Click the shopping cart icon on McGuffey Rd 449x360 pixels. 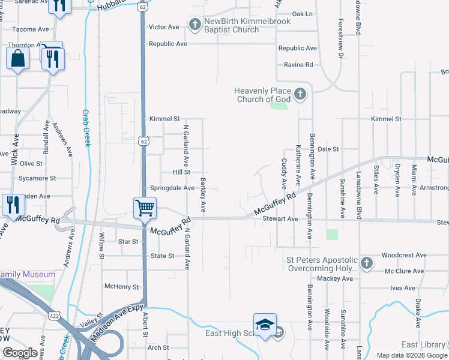click(145, 208)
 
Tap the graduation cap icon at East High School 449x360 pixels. click(265, 325)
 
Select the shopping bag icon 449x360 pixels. click(17, 59)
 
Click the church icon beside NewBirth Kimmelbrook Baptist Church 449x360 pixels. click(194, 25)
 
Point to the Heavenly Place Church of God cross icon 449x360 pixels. click(300, 94)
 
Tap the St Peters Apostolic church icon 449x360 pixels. click(367, 263)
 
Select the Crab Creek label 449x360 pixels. click(87, 128)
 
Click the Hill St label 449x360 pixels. click(181, 172)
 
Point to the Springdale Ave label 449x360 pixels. click(172, 188)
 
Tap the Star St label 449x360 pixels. click(128, 242)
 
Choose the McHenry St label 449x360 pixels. click(121, 287)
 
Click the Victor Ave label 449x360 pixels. click(164, 27)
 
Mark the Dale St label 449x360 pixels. click(328, 149)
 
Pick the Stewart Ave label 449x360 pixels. click(280, 220)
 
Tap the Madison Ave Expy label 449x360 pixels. click(118, 323)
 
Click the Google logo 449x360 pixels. click(20, 353)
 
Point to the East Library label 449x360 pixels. click(424, 344)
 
